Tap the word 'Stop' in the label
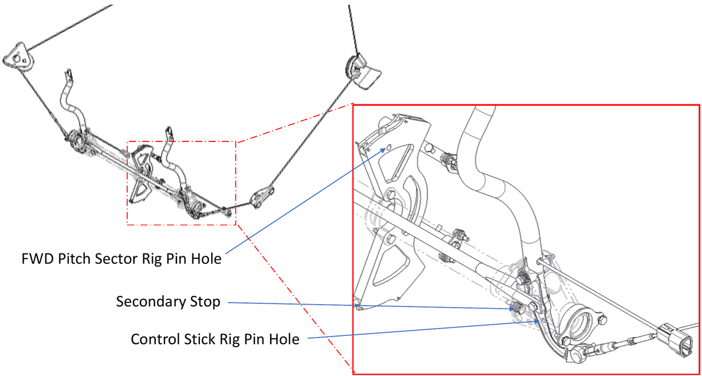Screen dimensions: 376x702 (x=206, y=302)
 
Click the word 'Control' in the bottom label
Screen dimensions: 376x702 (x=155, y=339)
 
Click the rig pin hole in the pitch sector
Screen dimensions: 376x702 (x=389, y=148)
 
